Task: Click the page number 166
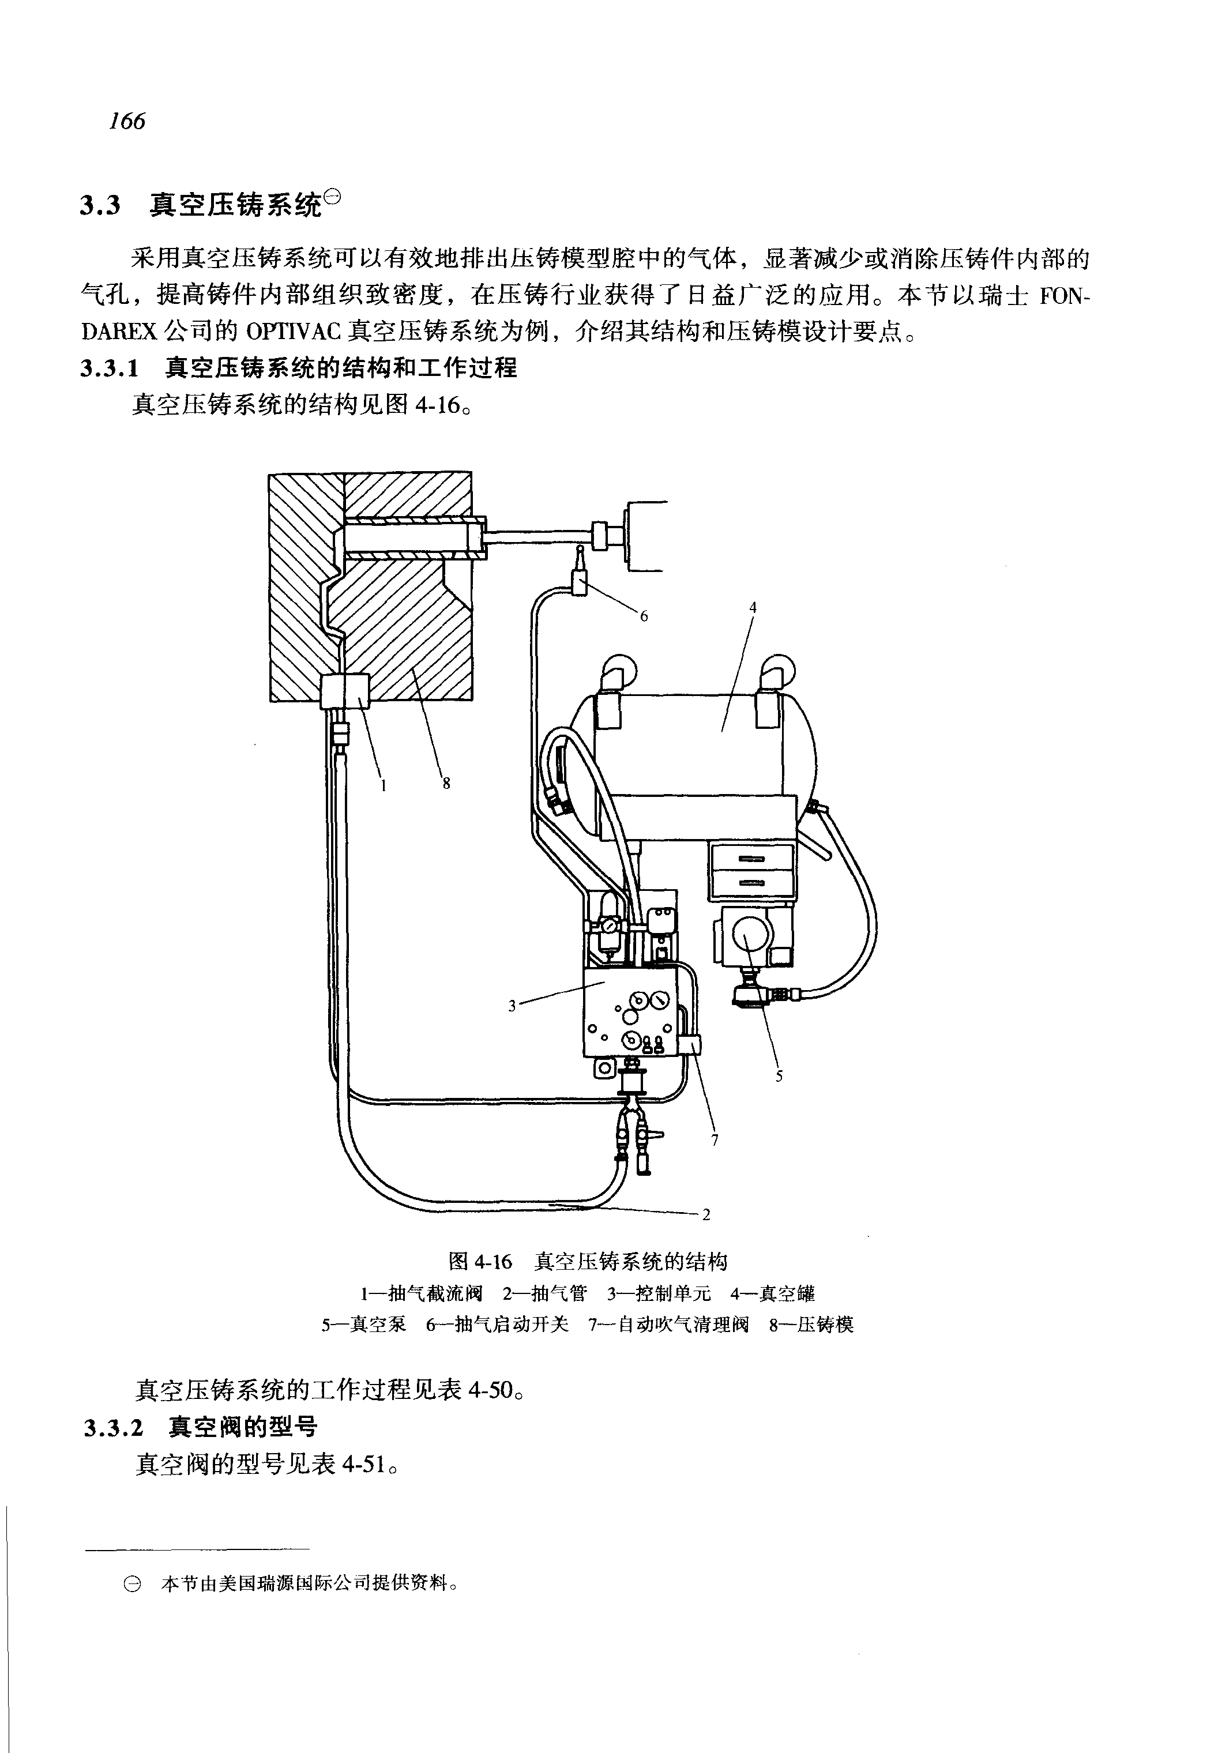127,121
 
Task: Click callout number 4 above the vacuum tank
753,607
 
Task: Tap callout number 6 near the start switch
644,616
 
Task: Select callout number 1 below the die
384,785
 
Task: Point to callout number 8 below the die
446,783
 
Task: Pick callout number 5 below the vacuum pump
779,1076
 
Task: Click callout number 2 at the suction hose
706,1215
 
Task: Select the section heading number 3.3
101,206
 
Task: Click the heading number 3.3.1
111,368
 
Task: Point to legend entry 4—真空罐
772,1293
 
